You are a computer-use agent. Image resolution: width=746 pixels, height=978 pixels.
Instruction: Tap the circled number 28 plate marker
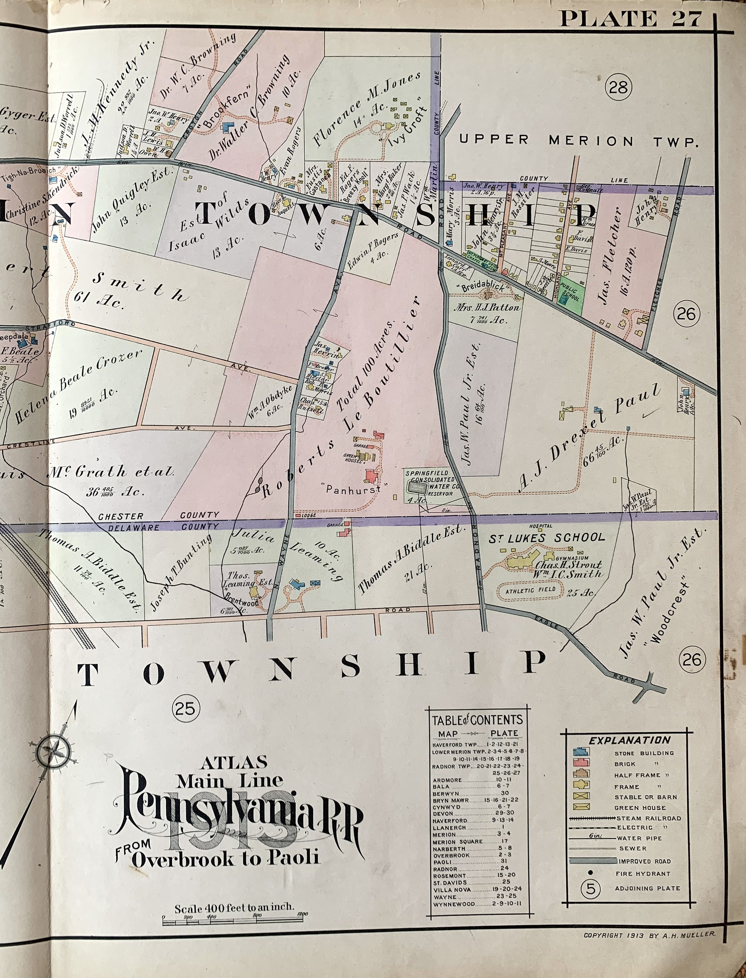point(618,87)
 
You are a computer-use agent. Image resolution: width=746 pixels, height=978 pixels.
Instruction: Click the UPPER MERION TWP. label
point(577,141)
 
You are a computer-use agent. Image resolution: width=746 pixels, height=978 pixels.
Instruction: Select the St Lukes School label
point(547,537)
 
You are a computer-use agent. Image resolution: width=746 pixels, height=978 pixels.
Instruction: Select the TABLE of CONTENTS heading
point(477,720)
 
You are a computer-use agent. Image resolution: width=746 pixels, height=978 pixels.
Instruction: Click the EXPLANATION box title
point(629,740)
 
